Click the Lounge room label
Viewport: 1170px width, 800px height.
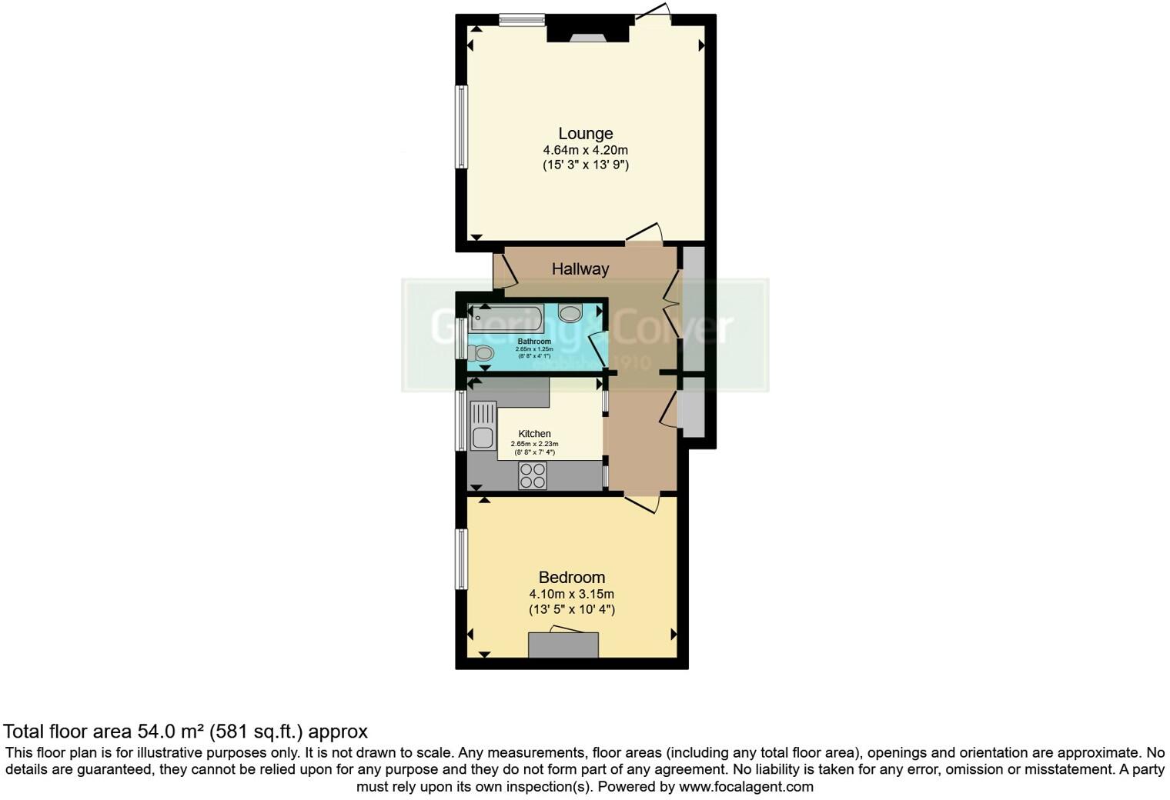pyautogui.click(x=585, y=134)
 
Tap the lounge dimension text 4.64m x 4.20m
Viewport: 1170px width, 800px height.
pyautogui.click(x=585, y=150)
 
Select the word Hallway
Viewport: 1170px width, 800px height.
pyautogui.click(x=580, y=269)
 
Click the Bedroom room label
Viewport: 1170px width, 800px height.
pyautogui.click(x=571, y=578)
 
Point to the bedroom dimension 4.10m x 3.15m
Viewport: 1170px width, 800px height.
pyautogui.click(x=571, y=594)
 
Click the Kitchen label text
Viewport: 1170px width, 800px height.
pyautogui.click(x=534, y=434)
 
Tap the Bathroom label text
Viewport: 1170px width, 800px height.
pyautogui.click(x=534, y=342)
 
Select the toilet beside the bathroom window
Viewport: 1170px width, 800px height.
pyautogui.click(x=482, y=353)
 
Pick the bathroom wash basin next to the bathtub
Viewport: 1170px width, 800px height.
pyautogui.click(x=570, y=314)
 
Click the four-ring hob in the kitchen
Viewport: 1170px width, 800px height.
pyautogui.click(x=533, y=475)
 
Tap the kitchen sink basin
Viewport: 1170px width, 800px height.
pyautogui.click(x=483, y=438)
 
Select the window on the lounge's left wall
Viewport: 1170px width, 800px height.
pyautogui.click(x=462, y=126)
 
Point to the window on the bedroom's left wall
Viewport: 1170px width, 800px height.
pyautogui.click(x=461, y=558)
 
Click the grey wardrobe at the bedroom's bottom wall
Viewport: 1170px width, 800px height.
pyautogui.click(x=563, y=645)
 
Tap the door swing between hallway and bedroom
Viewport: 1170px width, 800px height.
pyautogui.click(x=642, y=503)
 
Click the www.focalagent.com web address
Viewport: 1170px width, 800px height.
pyautogui.click(x=747, y=787)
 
